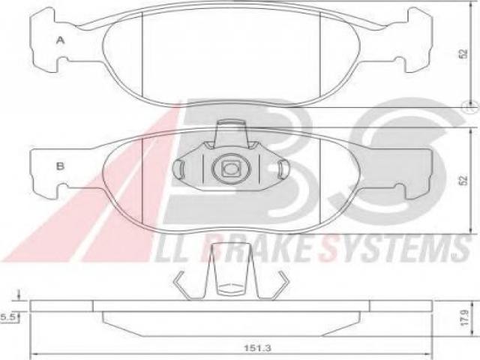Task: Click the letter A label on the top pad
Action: [61, 40]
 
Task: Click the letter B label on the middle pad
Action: [60, 166]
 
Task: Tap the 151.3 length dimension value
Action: [258, 348]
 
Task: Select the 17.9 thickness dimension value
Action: [464, 317]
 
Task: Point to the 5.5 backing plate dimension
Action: [7, 317]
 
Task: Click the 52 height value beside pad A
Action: [463, 54]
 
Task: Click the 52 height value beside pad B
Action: [464, 180]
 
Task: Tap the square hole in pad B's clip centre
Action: [231, 168]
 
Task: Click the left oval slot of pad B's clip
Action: [178, 169]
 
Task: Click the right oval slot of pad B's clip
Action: [283, 169]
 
